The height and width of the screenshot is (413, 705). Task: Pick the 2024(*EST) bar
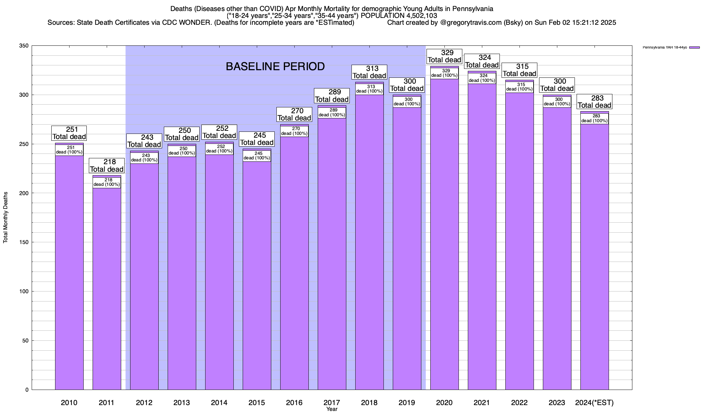coord(594,258)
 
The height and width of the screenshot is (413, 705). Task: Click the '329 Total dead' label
coord(444,56)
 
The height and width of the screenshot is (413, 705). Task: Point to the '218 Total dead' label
coord(107,166)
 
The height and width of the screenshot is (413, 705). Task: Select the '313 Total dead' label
coord(370,72)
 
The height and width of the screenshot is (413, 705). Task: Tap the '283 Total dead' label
coord(594,102)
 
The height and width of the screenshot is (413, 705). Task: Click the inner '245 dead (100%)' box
coord(257,156)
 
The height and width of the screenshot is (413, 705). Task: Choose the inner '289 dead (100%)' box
coord(332,113)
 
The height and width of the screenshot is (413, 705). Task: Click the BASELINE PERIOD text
coord(275,66)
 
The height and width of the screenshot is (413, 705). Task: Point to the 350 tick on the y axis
coord(24,46)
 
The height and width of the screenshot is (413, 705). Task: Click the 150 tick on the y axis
coord(24,242)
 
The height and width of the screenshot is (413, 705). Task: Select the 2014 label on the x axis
coord(219,403)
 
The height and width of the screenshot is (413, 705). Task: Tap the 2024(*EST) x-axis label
coord(594,403)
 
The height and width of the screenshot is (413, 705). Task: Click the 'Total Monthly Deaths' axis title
coord(6,218)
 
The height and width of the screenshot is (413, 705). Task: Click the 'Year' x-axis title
coord(332,409)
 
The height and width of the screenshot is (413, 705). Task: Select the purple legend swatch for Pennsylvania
coord(694,47)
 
